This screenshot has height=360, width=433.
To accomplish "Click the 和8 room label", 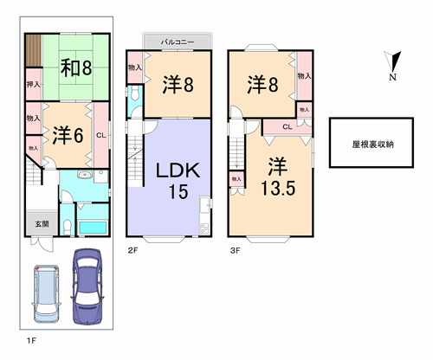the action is pyautogui.click(x=76, y=67).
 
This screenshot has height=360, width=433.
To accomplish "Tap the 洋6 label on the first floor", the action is pyautogui.click(x=68, y=135).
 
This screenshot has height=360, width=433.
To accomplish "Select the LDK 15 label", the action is pyautogui.click(x=178, y=181).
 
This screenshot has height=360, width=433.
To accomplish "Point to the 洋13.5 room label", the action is pyautogui.click(x=278, y=177).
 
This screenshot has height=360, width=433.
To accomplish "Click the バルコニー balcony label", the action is pyautogui.click(x=178, y=42).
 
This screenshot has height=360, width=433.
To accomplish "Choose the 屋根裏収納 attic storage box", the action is pyautogui.click(x=372, y=143).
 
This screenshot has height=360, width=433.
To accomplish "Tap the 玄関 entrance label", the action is pyautogui.click(x=42, y=224).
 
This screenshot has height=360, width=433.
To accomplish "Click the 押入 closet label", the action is pyautogui.click(x=34, y=84).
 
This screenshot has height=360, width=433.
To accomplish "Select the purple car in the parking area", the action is pyautogui.click(x=87, y=286).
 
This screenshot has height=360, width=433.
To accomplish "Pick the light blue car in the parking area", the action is pyautogui.click(x=46, y=293).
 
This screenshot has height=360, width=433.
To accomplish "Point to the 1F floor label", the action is pyautogui.click(x=31, y=341).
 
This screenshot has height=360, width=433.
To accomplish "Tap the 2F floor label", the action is pyautogui.click(x=132, y=250).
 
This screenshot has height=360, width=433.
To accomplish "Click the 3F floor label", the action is pyautogui.click(x=235, y=250).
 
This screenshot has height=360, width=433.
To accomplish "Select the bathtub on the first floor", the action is pyautogui.click(x=93, y=228).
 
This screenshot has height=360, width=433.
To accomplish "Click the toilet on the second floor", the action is pyautogui.click(x=135, y=93).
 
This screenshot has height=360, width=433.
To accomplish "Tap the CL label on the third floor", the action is pyautogui.click(x=288, y=126).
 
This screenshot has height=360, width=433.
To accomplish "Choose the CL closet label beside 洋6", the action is pyautogui.click(x=101, y=135).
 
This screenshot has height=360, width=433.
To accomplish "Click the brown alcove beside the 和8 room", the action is pyautogui.click(x=34, y=50).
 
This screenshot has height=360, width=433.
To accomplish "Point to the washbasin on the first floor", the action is pyautogui.click(x=85, y=175).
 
